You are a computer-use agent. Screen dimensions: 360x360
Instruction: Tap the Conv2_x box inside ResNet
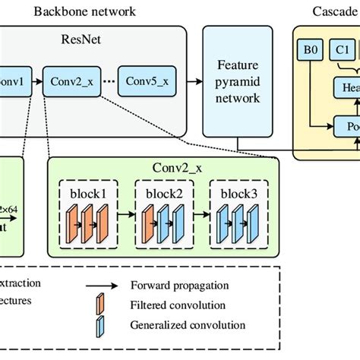72,80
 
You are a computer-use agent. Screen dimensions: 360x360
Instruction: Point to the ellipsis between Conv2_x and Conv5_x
109,80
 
